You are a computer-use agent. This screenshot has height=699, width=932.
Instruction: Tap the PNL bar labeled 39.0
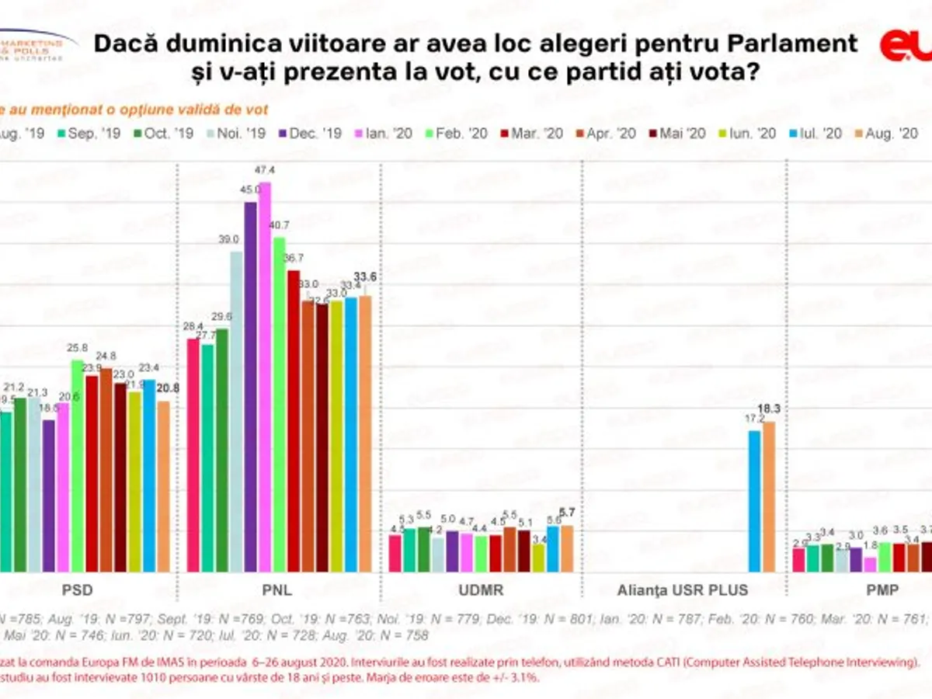pyautogui.click(x=236, y=412)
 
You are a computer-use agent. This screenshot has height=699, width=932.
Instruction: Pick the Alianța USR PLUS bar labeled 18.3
pyautogui.click(x=769, y=497)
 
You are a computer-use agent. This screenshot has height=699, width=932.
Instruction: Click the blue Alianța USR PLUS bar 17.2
pyautogui.click(x=754, y=501)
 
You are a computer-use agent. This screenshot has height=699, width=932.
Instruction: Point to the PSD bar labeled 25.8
pyautogui.click(x=78, y=466)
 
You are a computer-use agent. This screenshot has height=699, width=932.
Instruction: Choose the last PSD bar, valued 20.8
pyautogui.click(x=163, y=486)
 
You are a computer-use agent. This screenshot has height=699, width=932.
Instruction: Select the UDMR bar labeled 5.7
pyautogui.click(x=567, y=548)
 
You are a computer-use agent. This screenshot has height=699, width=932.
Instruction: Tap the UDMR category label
pyautogui.click(x=482, y=590)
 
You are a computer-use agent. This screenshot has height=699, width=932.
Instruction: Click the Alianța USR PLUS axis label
pyautogui.click(x=683, y=590)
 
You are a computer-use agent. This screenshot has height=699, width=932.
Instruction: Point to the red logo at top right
pyautogui.click(x=906, y=45)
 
